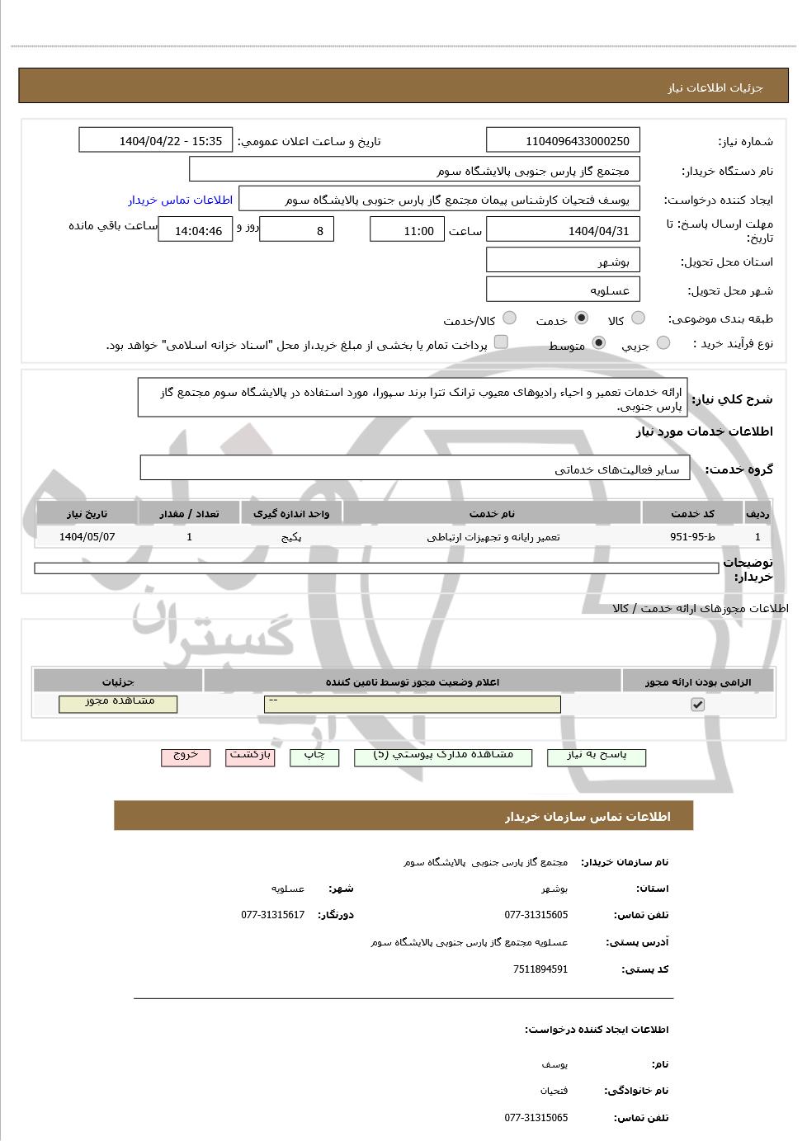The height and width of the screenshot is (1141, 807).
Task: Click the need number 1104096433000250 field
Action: pyautogui.click(x=563, y=141)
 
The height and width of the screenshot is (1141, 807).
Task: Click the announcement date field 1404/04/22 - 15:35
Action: pyautogui.click(x=156, y=141)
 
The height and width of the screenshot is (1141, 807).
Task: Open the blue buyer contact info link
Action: pyautogui.click(x=180, y=200)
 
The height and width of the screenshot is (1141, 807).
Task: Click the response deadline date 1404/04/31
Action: pyautogui.click(x=563, y=230)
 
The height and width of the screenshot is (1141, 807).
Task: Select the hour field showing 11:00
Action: pyautogui.click(x=406, y=230)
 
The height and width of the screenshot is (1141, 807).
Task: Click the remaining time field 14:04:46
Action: pyautogui.click(x=196, y=230)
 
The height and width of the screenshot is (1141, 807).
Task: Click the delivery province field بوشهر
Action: pyautogui.click(x=563, y=262)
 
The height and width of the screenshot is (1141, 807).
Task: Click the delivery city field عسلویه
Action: pyautogui.click(x=563, y=290)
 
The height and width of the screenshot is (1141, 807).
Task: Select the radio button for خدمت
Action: pyautogui.click(x=582, y=318)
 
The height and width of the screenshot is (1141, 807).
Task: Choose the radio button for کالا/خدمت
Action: pyautogui.click(x=510, y=318)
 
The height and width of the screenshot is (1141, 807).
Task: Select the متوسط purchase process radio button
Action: pyautogui.click(x=599, y=343)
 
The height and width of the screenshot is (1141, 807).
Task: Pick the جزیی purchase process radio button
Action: pyautogui.click(x=663, y=343)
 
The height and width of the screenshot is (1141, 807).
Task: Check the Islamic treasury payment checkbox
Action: pyautogui.click(x=501, y=342)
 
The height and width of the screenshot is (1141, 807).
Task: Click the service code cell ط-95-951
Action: pyautogui.click(x=692, y=537)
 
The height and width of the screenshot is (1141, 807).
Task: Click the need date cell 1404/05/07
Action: pyautogui.click(x=87, y=537)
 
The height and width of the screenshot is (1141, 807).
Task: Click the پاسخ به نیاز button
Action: pyautogui.click(x=596, y=757)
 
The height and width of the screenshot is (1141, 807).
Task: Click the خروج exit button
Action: pyautogui.click(x=186, y=757)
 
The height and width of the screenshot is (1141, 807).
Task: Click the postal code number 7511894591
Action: pyautogui.click(x=540, y=969)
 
